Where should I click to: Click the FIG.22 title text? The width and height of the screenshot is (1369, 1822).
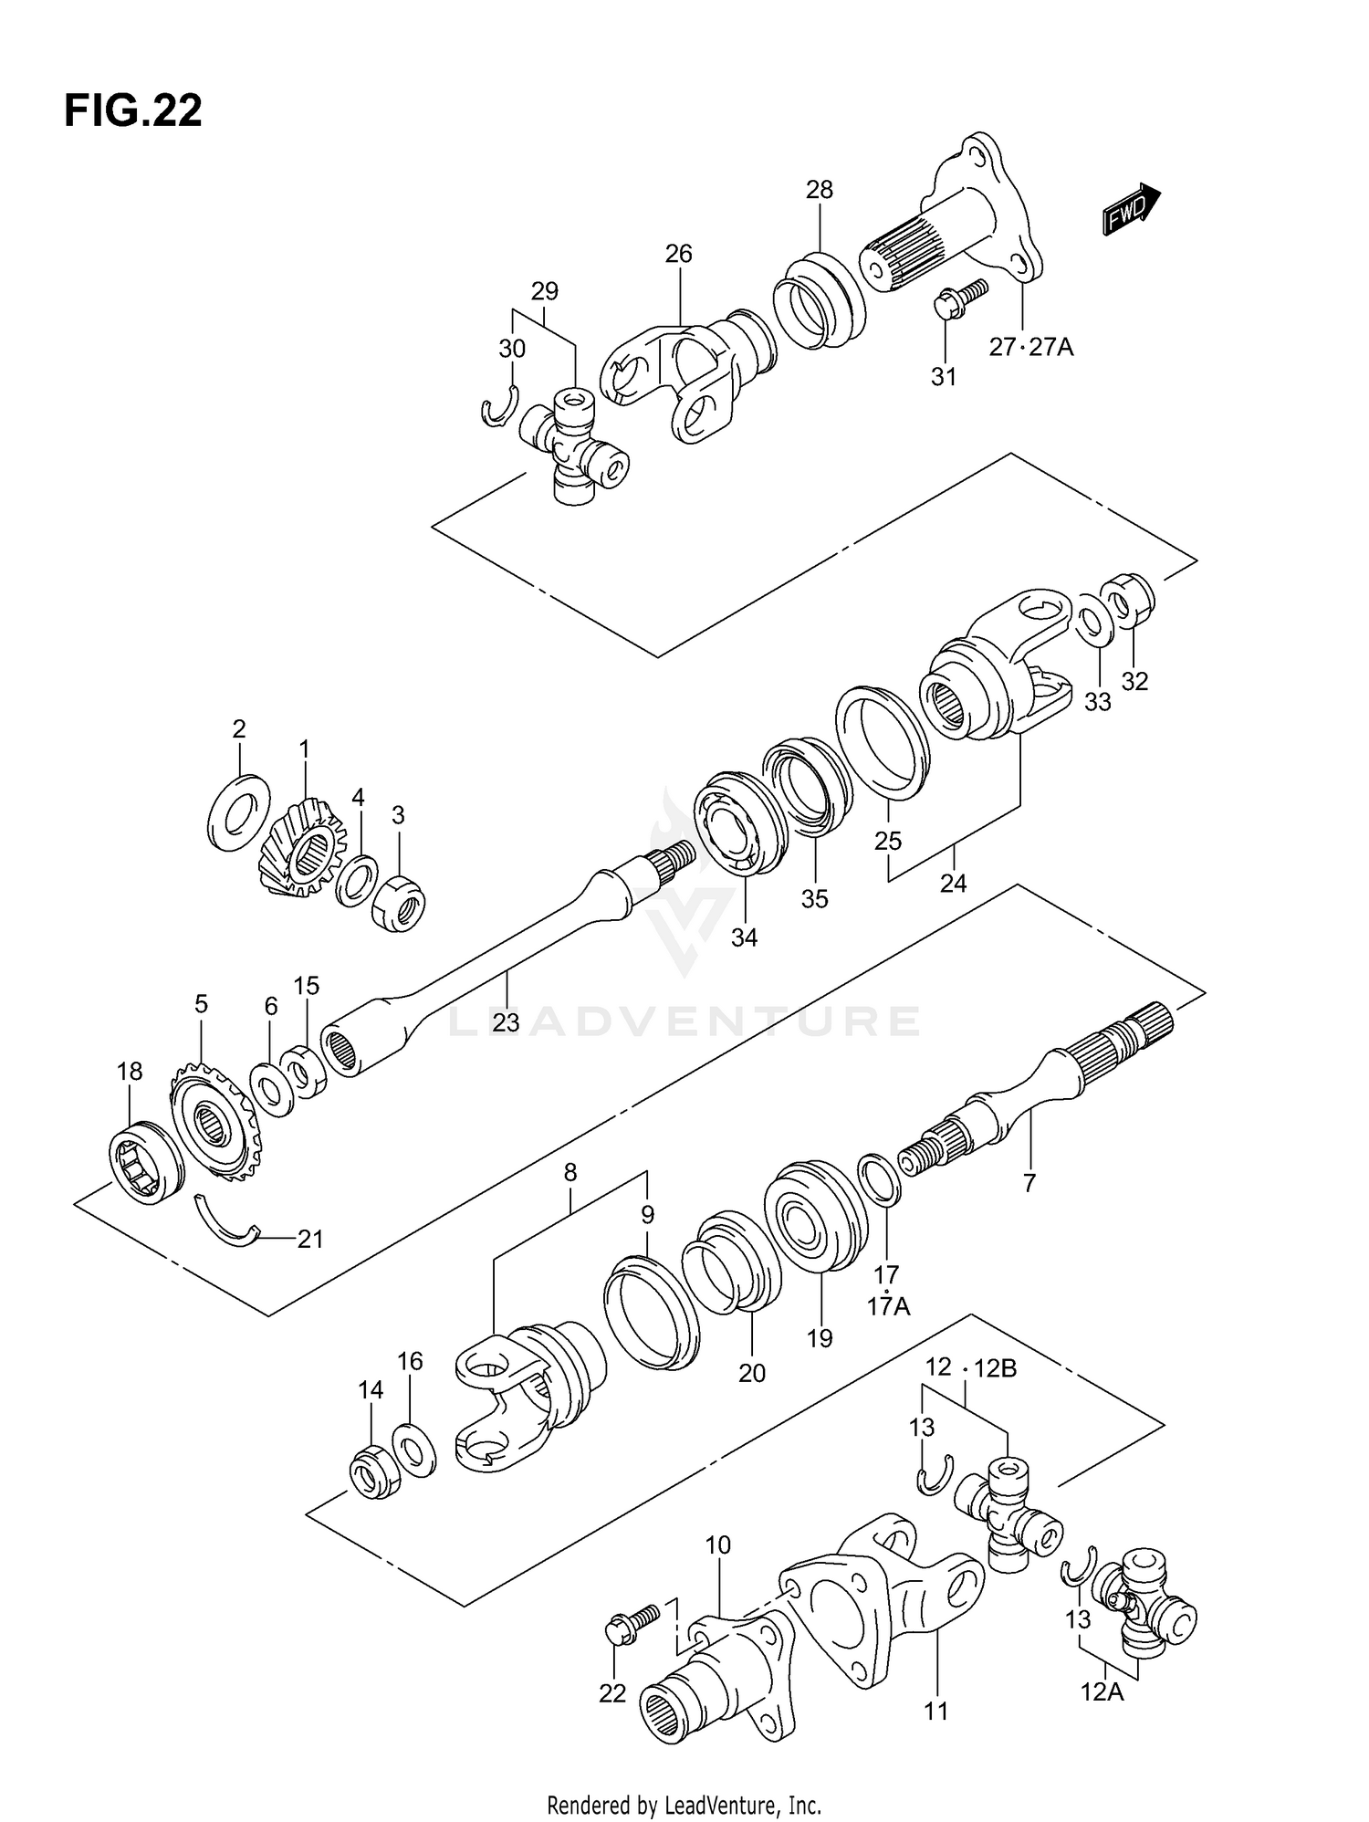tap(132, 111)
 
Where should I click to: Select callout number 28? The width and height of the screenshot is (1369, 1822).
tap(819, 190)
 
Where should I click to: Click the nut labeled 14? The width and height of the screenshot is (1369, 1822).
tap(375, 1471)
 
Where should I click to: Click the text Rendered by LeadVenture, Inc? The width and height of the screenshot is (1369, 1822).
tap(684, 1805)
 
